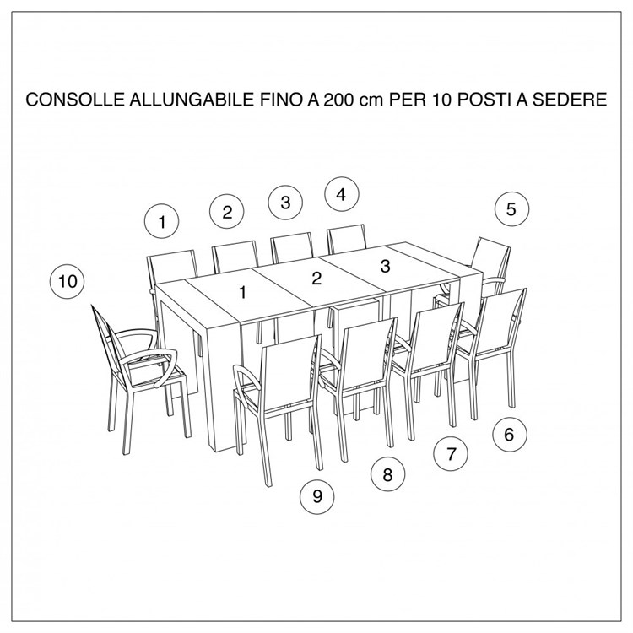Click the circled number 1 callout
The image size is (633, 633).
pos(161,222)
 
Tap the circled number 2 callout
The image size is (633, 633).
pos(227,211)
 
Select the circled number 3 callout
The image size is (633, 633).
pos(286,202)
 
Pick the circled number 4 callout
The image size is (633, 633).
pos(341,194)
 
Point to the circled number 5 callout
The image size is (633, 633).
pos(511,208)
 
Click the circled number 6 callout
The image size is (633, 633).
pos(509,435)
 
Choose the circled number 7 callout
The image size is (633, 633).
pos(452,453)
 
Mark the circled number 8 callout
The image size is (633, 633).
pos(387,474)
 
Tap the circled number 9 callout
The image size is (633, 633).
pos(317,496)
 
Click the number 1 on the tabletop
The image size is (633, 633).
pos(242,293)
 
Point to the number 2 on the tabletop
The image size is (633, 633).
pos(316,279)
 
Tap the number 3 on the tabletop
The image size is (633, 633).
pos(385,267)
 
